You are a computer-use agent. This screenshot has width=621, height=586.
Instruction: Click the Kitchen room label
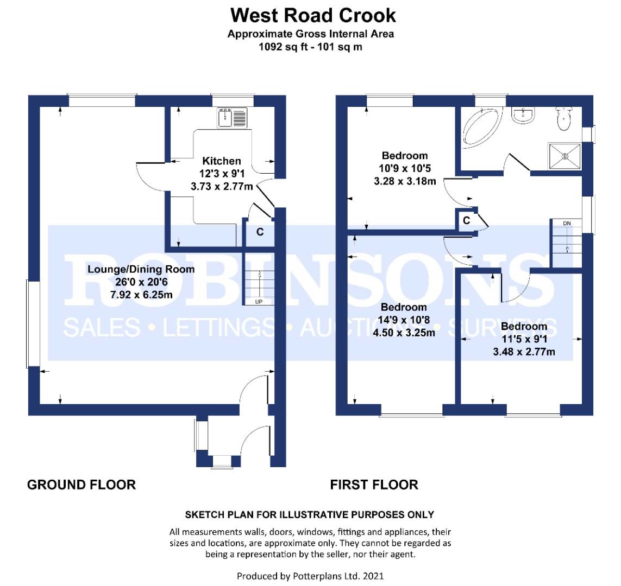(x=221, y=161)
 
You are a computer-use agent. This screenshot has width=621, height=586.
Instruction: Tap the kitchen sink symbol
(x=232, y=117)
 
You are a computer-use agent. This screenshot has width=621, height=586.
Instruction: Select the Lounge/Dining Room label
(x=141, y=269)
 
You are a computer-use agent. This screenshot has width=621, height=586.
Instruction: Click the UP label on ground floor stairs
(x=259, y=302)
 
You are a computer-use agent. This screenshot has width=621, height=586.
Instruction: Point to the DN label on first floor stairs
(x=567, y=224)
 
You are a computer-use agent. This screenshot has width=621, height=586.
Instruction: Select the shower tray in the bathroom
(x=564, y=156)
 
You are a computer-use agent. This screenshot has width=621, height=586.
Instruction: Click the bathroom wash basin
(x=523, y=114)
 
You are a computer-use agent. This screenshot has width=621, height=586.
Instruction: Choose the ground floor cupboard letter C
(x=260, y=232)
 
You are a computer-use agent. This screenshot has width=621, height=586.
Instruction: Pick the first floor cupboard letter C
(x=467, y=220)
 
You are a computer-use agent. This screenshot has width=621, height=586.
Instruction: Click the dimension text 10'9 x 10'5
(x=405, y=168)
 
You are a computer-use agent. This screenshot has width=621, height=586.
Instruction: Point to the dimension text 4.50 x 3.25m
(x=404, y=333)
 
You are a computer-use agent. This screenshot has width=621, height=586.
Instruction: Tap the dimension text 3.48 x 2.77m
(x=524, y=352)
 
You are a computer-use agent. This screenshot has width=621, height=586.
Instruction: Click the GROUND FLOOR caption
(x=81, y=485)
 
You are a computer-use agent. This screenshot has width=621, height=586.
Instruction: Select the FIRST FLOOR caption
(x=374, y=485)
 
